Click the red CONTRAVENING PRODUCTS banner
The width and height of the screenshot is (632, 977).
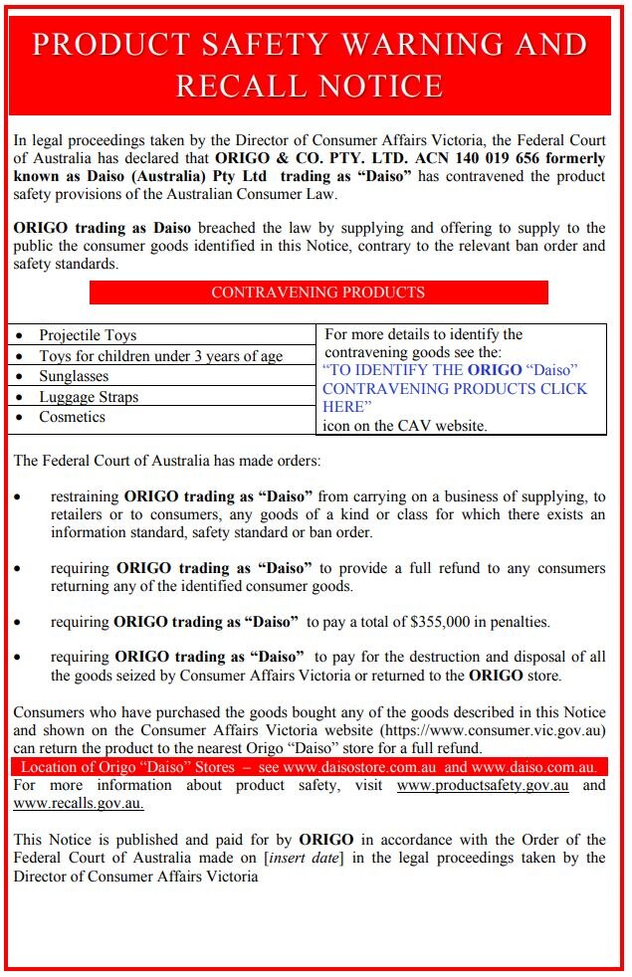pos(318,293)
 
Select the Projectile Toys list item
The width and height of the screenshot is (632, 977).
pos(88,335)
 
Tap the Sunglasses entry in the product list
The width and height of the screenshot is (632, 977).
pos(74,376)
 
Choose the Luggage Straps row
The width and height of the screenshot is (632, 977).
pos(89,397)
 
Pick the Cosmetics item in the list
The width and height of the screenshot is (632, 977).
pos(72,417)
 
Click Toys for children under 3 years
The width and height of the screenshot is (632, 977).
pos(160,356)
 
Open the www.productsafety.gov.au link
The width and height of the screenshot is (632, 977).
pos(483,785)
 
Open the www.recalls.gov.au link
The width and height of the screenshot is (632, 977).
pos(79,803)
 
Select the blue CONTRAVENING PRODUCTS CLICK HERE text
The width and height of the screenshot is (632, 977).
pos(455,389)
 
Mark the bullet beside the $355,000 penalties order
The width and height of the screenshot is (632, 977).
pos(19,622)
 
